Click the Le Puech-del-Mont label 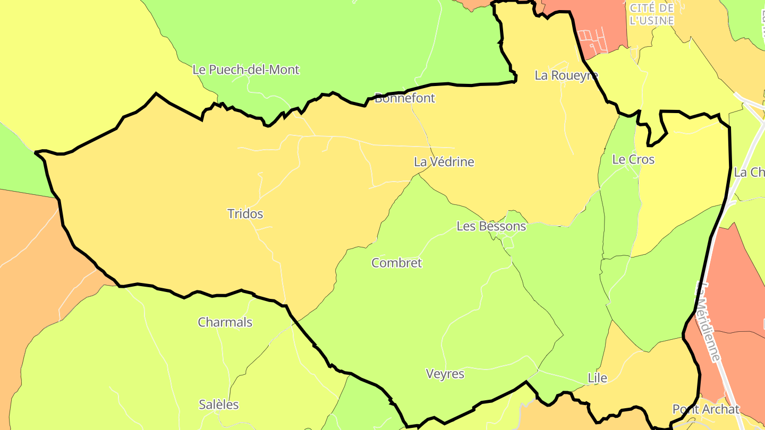pos(246,70)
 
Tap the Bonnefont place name pos(405,98)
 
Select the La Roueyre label pos(566,75)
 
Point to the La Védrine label pos(444,162)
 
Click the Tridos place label pos(245,214)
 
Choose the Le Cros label pos(633,159)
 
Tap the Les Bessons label pos(491,226)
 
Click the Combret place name pos(397,263)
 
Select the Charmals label pos(225,322)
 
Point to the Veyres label pos(445,374)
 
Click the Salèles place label pos(219,405)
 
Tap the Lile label pos(597,378)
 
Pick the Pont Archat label pos(706,409)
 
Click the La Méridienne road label pos(708,321)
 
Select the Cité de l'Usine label pos(651,14)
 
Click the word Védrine pos(452,162)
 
